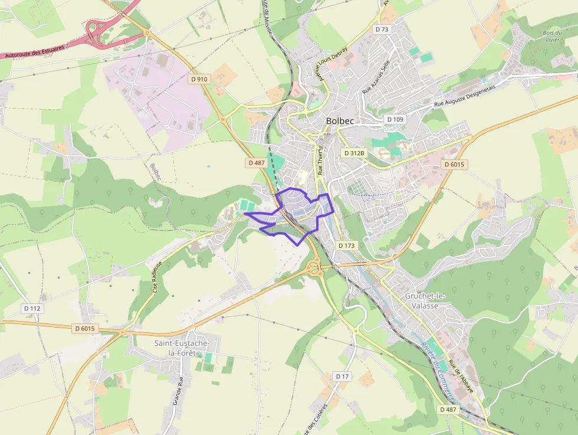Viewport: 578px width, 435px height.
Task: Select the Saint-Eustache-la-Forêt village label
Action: [178, 348]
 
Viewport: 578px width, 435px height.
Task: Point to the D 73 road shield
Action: [382, 29]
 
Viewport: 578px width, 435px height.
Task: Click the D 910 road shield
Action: [199, 79]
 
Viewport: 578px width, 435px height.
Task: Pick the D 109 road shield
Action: [395, 119]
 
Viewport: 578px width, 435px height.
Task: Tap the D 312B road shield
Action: [354, 153]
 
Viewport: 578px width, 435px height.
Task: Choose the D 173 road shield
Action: [347, 244]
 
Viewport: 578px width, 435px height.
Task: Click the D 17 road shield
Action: [343, 376]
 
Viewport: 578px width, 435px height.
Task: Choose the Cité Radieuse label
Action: [156, 278]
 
